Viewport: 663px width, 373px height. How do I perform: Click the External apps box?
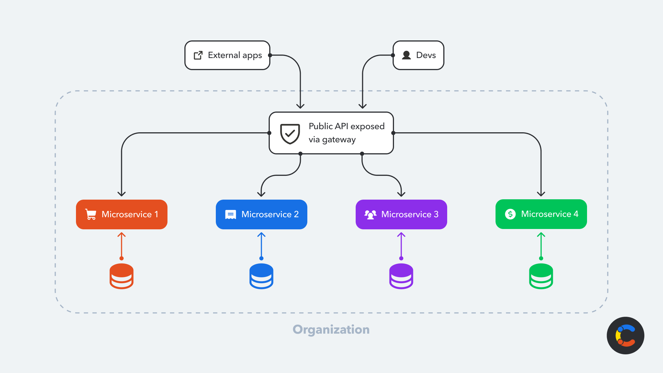[x=227, y=55]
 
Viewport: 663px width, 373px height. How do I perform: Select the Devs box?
[x=419, y=55]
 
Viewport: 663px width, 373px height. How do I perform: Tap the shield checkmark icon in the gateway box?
[x=290, y=133]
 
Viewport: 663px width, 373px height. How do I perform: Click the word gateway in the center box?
[x=338, y=140]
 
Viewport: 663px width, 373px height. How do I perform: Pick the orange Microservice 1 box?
[x=122, y=214]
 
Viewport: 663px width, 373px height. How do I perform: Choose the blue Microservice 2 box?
[x=261, y=214]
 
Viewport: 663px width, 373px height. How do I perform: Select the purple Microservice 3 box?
[x=401, y=214]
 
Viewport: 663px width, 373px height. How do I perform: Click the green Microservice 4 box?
[x=541, y=214]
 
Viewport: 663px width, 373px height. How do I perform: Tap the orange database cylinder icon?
[x=122, y=276]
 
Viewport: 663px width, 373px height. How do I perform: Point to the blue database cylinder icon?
[x=261, y=276]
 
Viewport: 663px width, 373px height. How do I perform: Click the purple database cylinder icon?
[x=401, y=276]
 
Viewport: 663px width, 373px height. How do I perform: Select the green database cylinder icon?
[x=541, y=276]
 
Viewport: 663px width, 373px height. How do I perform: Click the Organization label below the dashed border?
[x=331, y=329]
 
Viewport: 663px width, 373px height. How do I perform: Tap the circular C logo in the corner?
[x=625, y=335]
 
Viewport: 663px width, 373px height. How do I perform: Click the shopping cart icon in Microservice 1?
[x=91, y=214]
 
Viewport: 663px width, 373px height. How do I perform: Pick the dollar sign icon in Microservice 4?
[x=510, y=214]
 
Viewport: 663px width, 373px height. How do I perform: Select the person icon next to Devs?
[x=406, y=55]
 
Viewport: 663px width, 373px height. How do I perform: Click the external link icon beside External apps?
[x=198, y=55]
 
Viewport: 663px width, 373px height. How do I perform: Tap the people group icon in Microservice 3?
[x=370, y=214]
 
